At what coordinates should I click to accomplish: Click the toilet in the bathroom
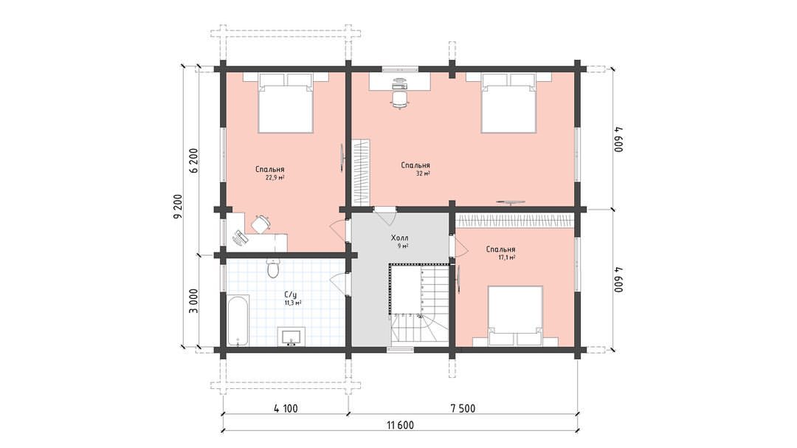pos(273,267)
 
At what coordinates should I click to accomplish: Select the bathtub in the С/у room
pos(238,320)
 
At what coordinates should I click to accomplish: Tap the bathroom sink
pos(291,337)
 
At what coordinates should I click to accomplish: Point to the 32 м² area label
pos(423,173)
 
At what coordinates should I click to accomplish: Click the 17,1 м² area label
pos(507,258)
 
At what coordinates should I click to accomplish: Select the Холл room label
pos(399,238)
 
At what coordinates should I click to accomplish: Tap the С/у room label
pos(290,294)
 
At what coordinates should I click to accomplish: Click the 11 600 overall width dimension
pos(400,425)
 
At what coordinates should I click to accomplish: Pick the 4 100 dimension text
pos(286,408)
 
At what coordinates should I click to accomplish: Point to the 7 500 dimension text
pos(463,408)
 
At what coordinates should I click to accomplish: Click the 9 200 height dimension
pos(177,207)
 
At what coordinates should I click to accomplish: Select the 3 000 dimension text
pos(193,301)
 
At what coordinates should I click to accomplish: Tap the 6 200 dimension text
pos(193,161)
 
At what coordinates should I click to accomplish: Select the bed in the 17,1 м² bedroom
pos(515,315)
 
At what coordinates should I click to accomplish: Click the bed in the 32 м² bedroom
pos(508,103)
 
